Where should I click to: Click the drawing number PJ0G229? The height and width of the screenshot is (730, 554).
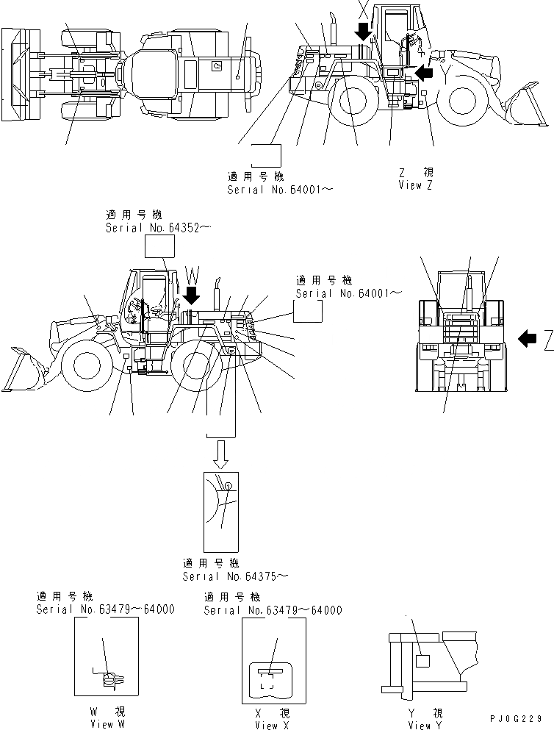(519, 718)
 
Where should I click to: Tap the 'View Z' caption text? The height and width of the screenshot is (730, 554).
(415, 185)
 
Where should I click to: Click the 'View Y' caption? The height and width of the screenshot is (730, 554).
(425, 725)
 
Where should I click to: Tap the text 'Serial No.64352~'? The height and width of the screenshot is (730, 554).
(158, 228)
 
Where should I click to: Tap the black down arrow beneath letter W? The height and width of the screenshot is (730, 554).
(190, 296)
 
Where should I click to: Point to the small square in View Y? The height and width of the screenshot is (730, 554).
(422, 660)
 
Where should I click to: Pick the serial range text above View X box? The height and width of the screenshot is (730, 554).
(272, 609)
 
